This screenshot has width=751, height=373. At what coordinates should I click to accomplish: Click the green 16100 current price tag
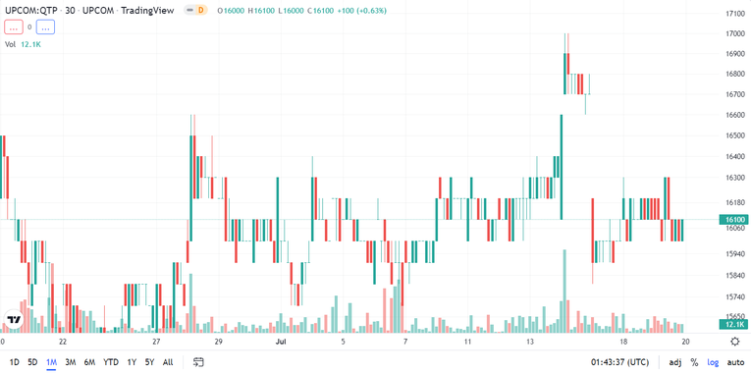click(x=735, y=220)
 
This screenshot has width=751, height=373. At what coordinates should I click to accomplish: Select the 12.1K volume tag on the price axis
click(x=735, y=324)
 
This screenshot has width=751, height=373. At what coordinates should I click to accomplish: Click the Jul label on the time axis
click(x=281, y=342)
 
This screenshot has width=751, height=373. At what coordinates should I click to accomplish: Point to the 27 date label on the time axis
click(x=156, y=342)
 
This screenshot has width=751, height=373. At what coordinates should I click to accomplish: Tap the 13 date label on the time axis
click(x=530, y=342)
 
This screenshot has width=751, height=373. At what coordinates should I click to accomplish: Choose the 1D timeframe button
click(x=15, y=362)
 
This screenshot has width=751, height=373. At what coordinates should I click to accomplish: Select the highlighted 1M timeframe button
click(x=51, y=362)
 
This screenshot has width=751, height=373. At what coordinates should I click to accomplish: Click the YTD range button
click(x=110, y=362)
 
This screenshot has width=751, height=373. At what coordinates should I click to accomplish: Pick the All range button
click(x=168, y=362)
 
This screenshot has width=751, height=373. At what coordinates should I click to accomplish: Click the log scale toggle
click(x=714, y=362)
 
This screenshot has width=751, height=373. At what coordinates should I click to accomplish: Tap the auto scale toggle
click(x=735, y=362)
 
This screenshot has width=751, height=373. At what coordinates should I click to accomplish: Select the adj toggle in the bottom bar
click(x=675, y=362)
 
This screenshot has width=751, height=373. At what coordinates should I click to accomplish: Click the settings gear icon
click(x=735, y=342)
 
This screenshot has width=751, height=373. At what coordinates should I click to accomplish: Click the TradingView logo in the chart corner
click(x=15, y=320)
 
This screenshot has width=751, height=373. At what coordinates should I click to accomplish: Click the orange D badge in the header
click(x=201, y=10)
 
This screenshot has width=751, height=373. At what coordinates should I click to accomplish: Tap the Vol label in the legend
click(x=11, y=44)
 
